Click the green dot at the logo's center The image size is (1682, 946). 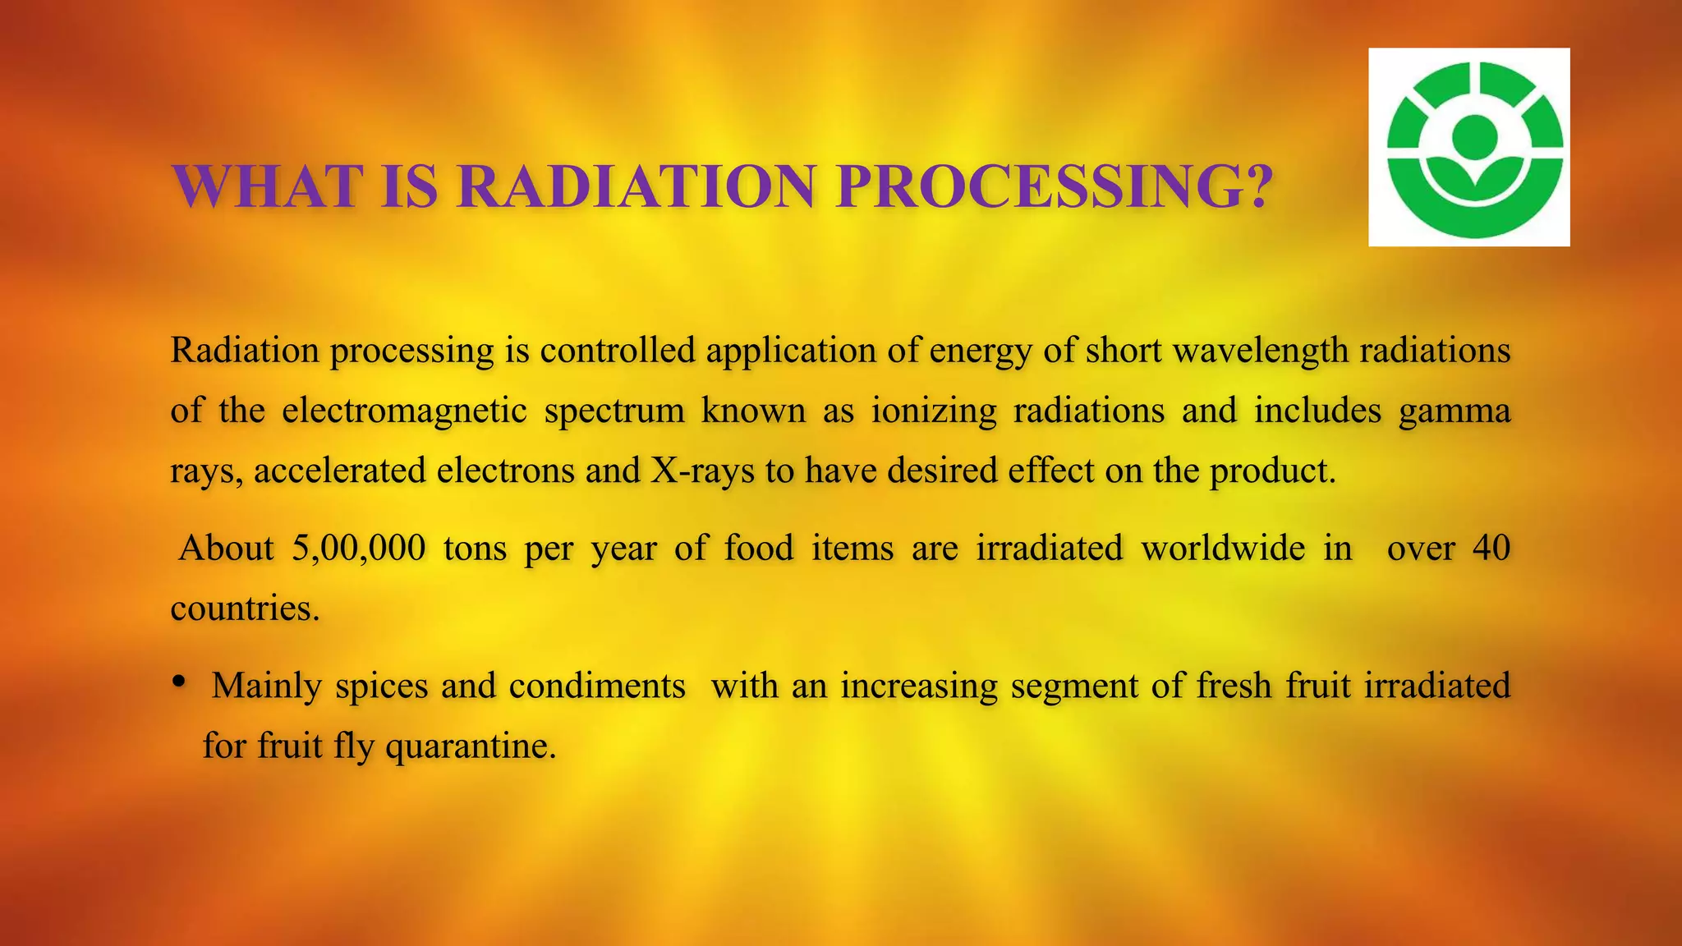[1475, 137]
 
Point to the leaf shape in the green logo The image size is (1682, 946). [1475, 185]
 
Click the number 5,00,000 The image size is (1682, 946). [359, 548]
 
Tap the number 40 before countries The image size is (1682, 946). [1491, 548]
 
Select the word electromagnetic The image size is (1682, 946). [404, 410]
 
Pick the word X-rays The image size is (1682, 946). [702, 471]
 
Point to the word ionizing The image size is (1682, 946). [934, 410]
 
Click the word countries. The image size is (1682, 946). [245, 608]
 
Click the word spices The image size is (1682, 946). [381, 686]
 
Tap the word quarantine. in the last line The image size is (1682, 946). [471, 746]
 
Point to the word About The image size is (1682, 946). [226, 548]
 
